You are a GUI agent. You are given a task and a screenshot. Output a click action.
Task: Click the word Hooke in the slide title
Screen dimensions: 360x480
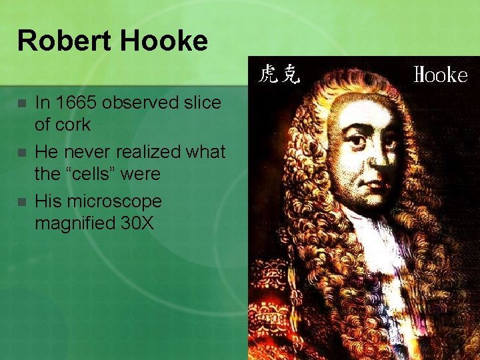point(166,41)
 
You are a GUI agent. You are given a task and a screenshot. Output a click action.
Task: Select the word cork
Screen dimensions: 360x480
point(73,125)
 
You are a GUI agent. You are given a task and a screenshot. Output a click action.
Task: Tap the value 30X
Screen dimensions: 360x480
point(136,223)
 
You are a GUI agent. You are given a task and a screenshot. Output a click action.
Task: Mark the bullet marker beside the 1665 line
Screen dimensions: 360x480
point(22,104)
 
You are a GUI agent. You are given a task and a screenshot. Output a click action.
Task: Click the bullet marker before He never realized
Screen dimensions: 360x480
point(22,153)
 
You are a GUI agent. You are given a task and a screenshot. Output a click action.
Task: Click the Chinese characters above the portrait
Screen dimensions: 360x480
point(279,73)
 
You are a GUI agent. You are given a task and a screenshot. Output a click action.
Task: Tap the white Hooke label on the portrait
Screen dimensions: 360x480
point(441,75)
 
